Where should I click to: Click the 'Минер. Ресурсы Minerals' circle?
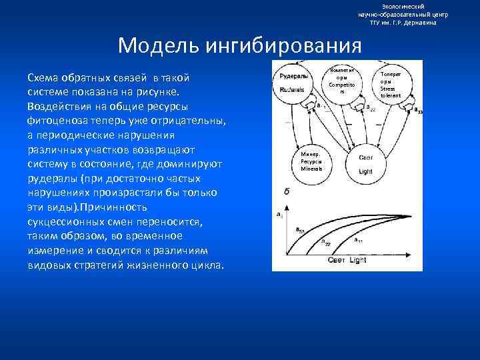click(311, 161)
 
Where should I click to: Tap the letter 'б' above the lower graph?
click(286, 191)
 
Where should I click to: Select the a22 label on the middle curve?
click(326, 242)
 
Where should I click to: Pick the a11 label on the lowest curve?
click(359, 240)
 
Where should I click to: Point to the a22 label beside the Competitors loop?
click(370, 109)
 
